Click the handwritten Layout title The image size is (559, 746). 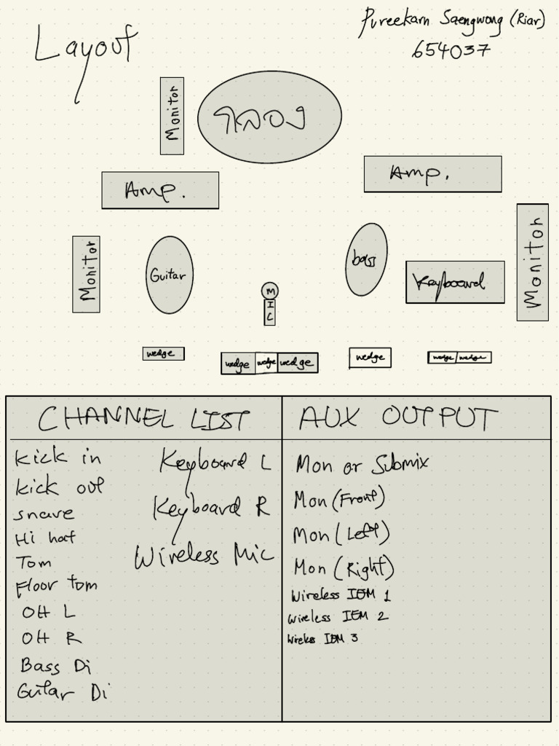(x=84, y=48)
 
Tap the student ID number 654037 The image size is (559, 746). (x=451, y=50)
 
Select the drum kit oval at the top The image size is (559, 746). (x=269, y=117)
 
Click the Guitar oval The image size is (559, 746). (x=169, y=275)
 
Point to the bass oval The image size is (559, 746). (x=365, y=259)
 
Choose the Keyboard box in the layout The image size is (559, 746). (x=455, y=282)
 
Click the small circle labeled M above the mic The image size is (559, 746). (x=269, y=291)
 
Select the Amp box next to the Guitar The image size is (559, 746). (x=159, y=190)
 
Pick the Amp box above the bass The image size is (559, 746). (x=432, y=174)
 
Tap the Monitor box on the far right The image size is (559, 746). (x=532, y=262)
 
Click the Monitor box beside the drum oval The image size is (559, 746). (x=172, y=116)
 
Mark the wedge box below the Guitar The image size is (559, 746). (x=163, y=354)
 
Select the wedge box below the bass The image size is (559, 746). (x=370, y=358)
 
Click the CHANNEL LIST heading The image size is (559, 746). (x=143, y=419)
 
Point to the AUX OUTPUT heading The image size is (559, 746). (x=397, y=418)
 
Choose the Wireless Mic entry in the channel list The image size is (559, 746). (x=203, y=556)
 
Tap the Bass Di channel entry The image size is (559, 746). (x=55, y=666)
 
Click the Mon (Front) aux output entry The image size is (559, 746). (x=338, y=500)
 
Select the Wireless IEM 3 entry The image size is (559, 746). (x=322, y=639)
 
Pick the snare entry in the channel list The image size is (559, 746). (x=44, y=514)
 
